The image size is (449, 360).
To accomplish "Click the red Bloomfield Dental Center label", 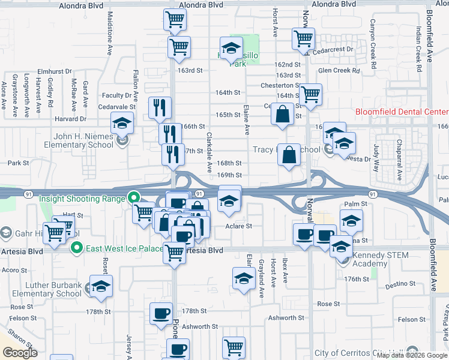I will click(402, 112).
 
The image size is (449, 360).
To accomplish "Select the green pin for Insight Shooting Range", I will click(133, 197).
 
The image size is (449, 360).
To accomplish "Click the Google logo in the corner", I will click(20, 353).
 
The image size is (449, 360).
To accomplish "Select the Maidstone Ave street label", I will click(110, 33).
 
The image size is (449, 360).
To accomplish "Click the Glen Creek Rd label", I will click(339, 71).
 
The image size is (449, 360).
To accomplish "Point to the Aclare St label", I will click(239, 226).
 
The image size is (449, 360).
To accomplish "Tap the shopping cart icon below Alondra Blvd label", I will click(175, 19).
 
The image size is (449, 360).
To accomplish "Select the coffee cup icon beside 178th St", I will click(161, 314).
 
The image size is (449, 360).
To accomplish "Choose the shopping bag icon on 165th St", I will click(282, 114).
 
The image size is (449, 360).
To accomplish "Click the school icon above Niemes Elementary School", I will click(122, 124).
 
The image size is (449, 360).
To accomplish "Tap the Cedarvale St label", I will click(117, 107).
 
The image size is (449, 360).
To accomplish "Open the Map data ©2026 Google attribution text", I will click(412, 355).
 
